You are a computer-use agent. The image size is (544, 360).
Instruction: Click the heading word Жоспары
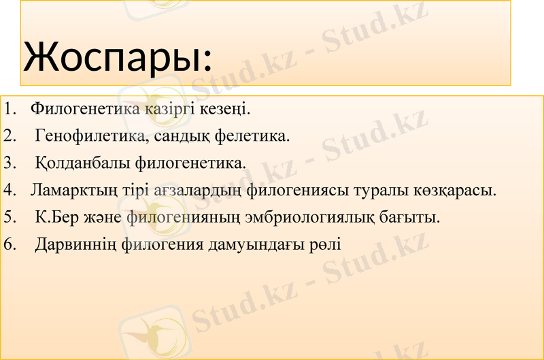point(117,57)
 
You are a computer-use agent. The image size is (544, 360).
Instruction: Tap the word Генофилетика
point(88,136)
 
